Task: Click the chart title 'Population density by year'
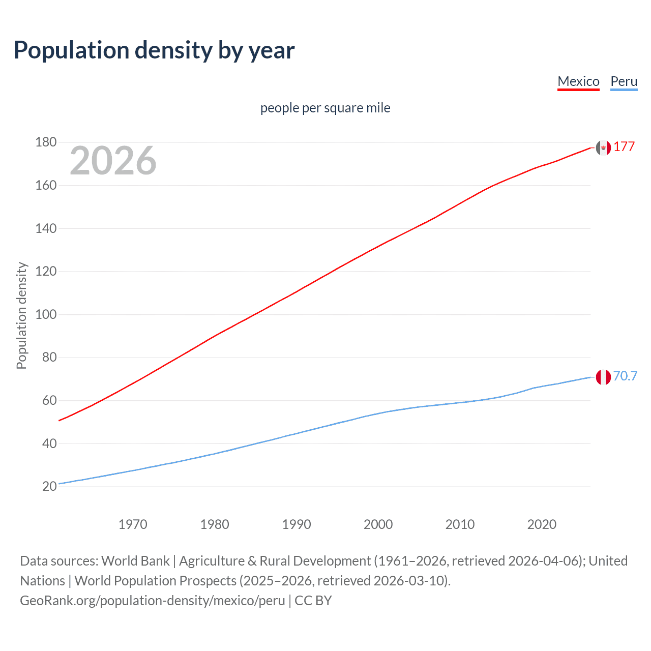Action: click(x=154, y=50)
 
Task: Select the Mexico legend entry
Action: click(x=578, y=81)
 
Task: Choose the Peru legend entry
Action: click(x=624, y=81)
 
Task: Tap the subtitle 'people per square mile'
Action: click(x=325, y=108)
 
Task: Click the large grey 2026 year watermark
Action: click(x=113, y=161)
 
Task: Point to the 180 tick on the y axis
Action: click(x=46, y=142)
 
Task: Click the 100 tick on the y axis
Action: click(x=46, y=314)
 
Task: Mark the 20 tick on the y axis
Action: click(x=49, y=486)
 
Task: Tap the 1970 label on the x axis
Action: click(x=133, y=524)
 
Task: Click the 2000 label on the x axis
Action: click(x=378, y=524)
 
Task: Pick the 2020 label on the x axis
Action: click(x=542, y=524)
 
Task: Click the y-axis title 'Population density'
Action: click(x=21, y=315)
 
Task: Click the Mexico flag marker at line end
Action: click(x=603, y=148)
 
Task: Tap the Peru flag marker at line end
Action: click(x=603, y=377)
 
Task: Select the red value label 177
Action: click(x=624, y=147)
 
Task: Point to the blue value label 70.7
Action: click(x=625, y=376)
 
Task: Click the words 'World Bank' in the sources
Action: click(x=135, y=561)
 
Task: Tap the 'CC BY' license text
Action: click(x=313, y=601)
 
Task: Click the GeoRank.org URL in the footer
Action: click(x=153, y=601)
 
